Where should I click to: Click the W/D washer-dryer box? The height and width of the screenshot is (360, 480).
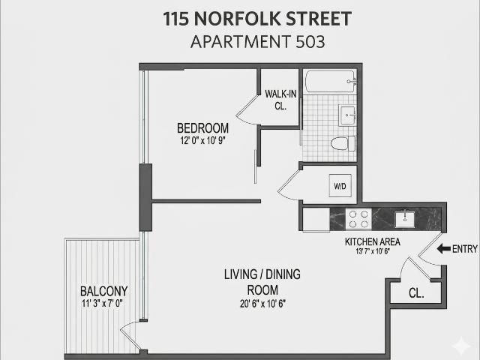340,185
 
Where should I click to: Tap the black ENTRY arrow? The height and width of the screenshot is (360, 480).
443,249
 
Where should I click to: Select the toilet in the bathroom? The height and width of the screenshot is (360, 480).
343,143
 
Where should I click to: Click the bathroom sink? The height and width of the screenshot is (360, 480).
347,115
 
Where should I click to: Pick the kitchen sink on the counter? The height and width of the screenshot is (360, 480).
405,219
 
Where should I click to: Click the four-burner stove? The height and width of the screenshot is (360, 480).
358,219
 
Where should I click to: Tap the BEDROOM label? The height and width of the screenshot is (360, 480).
202,128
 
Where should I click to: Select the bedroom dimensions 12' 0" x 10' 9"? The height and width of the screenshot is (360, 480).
202,140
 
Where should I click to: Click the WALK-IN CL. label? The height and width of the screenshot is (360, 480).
280,100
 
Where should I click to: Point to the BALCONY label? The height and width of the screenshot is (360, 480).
103,291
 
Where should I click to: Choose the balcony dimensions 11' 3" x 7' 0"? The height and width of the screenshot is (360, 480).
102,303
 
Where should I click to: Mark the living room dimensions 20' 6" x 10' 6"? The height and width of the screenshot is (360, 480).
262,304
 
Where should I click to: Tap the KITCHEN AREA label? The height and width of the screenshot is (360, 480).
373,241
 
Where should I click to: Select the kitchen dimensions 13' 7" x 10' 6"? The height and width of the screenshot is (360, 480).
373,251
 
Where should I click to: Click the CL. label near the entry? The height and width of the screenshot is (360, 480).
416,293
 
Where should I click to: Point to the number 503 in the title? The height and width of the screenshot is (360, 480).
310,42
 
